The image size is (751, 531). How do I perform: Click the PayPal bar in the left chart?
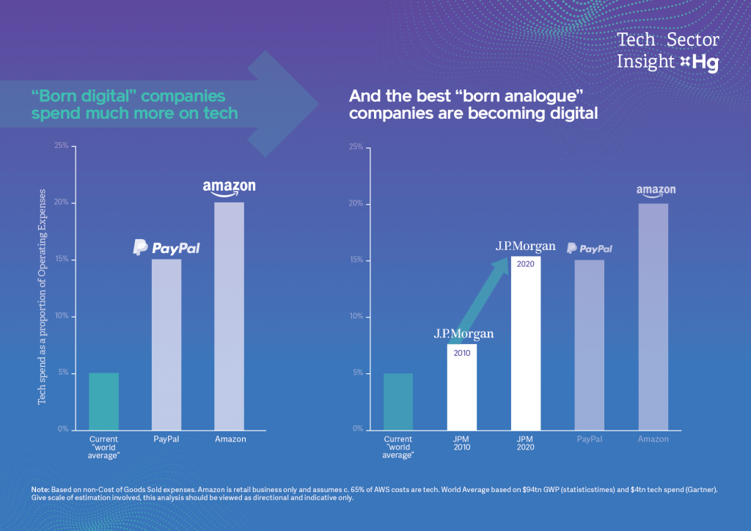[166, 344]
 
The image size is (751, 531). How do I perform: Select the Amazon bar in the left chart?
[229, 315]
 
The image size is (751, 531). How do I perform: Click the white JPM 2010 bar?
[462, 387]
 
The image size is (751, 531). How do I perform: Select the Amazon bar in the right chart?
[653, 316]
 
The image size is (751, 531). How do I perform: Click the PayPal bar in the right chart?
[589, 344]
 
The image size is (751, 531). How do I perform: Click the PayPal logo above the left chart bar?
[166, 248]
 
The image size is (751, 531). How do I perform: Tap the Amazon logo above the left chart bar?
[229, 188]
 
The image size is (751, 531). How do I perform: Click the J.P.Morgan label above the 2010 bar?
[464, 334]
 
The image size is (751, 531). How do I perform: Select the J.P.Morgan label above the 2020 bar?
[525, 246]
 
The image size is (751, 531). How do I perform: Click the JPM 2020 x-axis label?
[525, 443]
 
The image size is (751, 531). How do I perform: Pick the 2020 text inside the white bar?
[526, 264]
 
